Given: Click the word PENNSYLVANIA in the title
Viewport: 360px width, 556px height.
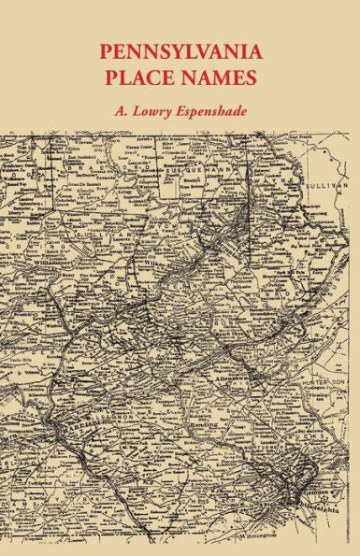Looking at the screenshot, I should click(180, 49).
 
